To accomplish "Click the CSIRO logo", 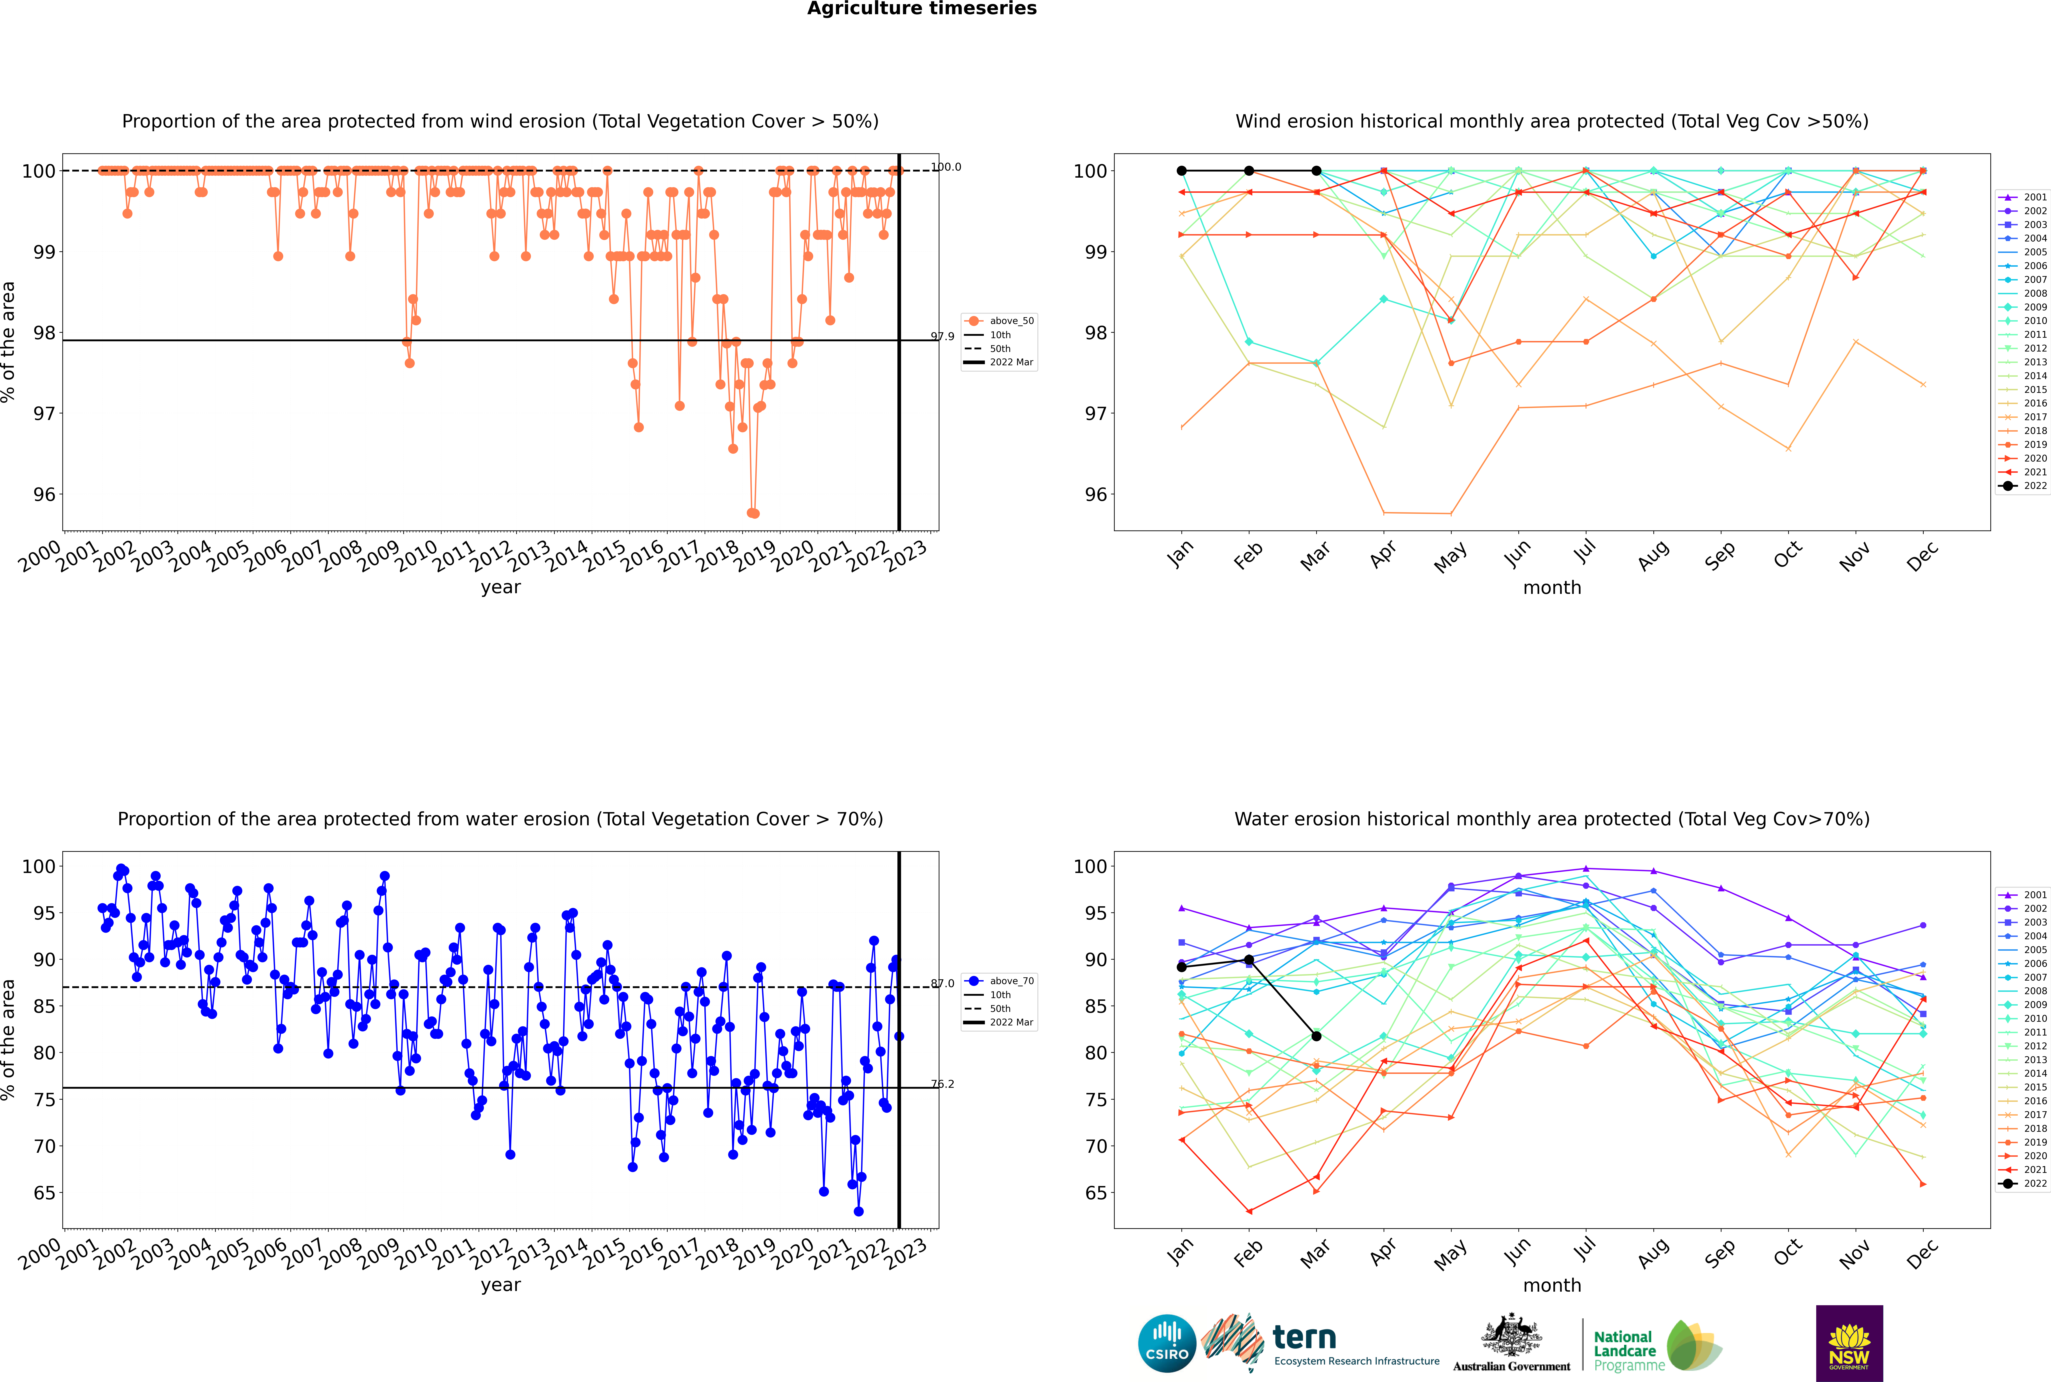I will click(x=1167, y=1343).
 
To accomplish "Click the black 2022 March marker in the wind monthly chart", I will click(x=1316, y=171).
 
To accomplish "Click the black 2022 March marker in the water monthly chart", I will click(x=1316, y=1036).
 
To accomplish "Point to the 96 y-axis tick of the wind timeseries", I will click(x=44, y=494).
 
